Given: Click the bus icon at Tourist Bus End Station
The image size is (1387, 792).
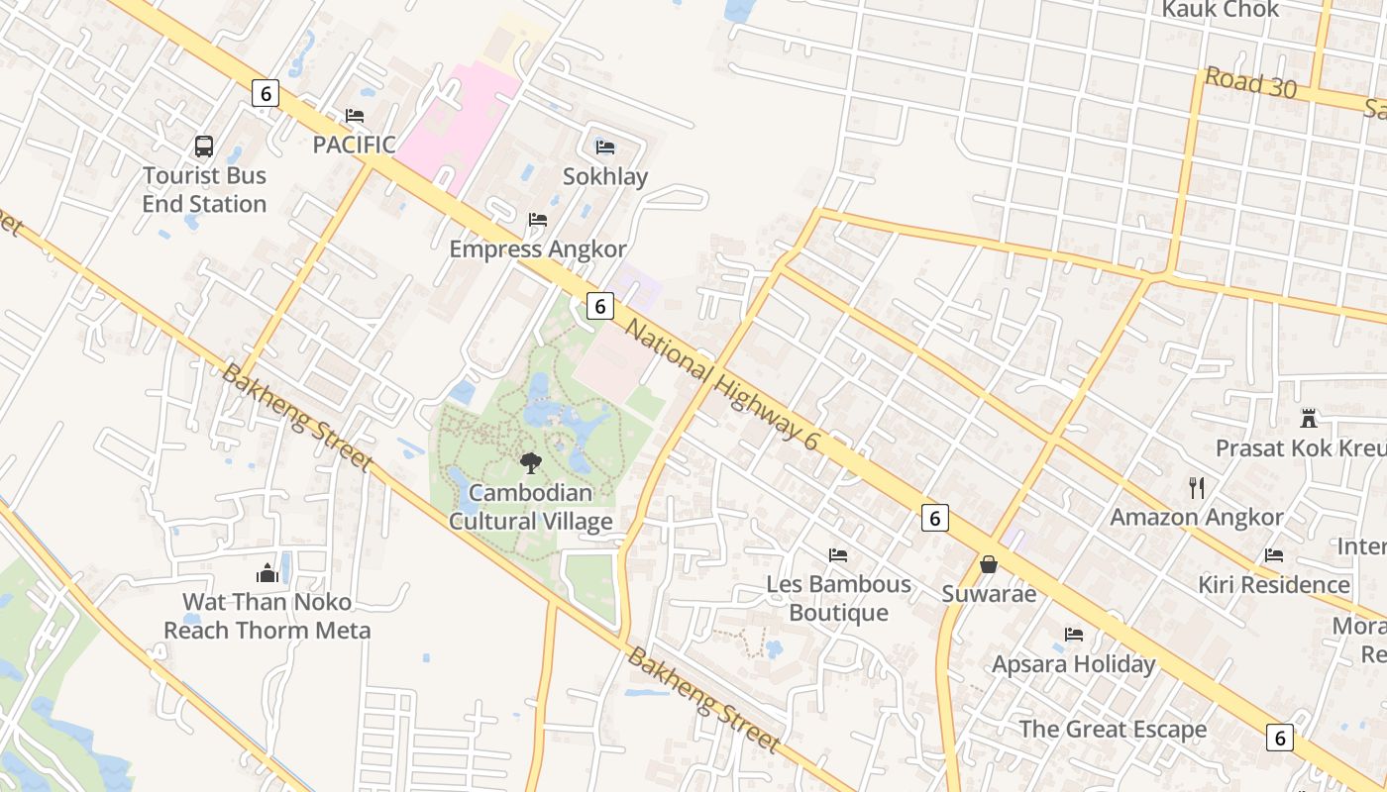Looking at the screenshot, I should pos(204,147).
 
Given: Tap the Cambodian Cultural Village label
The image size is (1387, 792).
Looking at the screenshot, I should pos(531,507).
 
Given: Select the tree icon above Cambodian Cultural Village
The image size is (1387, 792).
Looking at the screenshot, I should pos(531,462).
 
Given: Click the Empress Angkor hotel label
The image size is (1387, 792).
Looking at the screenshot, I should pos(538,248).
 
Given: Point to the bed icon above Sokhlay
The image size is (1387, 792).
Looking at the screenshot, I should pos(605,148).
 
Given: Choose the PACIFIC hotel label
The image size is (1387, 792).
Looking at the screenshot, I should pos(354,145).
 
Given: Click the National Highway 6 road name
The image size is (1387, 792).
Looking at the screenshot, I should pos(722,385).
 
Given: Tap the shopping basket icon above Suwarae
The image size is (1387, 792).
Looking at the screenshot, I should pos(988,564).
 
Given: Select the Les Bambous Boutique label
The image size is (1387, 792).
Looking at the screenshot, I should pos(839,598).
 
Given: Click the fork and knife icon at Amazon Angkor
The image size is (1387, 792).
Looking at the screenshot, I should pos(1197,487).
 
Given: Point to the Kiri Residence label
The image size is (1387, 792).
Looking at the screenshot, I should pos(1274,584).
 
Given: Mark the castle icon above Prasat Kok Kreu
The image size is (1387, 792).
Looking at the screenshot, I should pos(1309,418).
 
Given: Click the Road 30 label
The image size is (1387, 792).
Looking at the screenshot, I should pos(1250,83).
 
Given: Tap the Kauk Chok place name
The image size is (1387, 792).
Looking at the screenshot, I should pos(1221,10).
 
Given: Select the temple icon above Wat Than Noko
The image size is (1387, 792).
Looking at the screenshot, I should pos(267,572).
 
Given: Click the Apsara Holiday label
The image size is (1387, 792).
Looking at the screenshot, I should pos(1074,663).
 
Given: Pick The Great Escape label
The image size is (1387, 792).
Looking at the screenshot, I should pos(1113,730).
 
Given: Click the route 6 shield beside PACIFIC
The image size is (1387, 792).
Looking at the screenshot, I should pos(265,93).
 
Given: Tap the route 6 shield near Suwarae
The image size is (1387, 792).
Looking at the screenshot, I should pos(934,517).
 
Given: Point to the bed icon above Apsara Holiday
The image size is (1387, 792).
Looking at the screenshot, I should pos(1074,634).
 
